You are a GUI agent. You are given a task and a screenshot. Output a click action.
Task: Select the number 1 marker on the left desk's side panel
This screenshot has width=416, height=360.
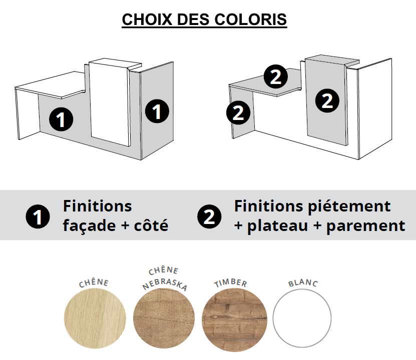click(x=157, y=111)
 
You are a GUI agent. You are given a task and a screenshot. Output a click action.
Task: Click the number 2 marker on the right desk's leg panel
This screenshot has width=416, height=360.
click(x=238, y=113)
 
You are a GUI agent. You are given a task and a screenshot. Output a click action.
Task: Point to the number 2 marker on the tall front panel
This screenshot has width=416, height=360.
click(x=327, y=101)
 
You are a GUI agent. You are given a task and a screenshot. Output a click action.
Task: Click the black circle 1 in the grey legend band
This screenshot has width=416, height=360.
click(x=38, y=216)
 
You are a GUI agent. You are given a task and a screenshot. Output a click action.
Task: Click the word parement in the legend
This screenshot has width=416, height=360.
click(x=365, y=225)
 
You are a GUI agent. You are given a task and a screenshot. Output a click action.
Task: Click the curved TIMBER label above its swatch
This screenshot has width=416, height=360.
click(x=231, y=283)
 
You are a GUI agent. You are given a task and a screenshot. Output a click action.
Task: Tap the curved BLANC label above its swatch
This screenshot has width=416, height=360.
click(x=303, y=283)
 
